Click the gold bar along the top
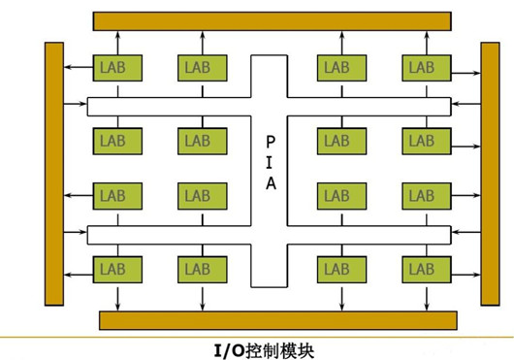coord(272,20)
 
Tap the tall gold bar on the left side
coord(54,172)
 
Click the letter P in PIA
coord(270,141)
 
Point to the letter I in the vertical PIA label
coord(270,163)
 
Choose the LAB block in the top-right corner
coord(422,67)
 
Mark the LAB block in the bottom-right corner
coord(422,267)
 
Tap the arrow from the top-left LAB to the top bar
coord(117,42)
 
